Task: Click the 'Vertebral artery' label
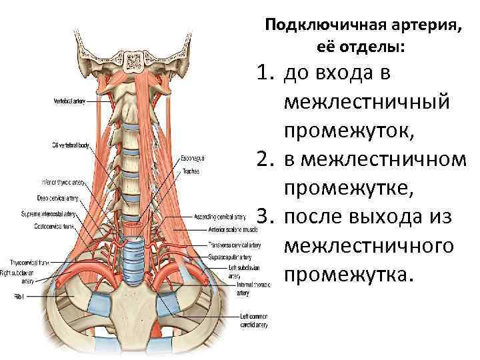tap(69, 101)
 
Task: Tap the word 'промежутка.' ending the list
tap(348, 275)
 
